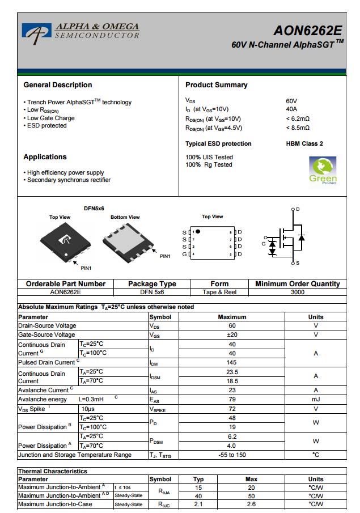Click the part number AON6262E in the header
[308, 31]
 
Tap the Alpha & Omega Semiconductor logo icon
[36, 33]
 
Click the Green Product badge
[323, 171]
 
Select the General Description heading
[57, 85]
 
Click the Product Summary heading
[217, 85]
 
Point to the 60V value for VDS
[291, 101]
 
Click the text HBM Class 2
[304, 144]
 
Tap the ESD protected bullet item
[46, 126]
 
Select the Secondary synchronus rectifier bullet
[69, 180]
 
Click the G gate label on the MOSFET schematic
[263, 244]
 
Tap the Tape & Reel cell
[219, 292]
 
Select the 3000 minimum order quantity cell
[297, 292]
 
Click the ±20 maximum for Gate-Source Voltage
[232, 335]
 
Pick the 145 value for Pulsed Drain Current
[232, 362]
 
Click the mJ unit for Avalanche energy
[316, 400]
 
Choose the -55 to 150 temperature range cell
[232, 455]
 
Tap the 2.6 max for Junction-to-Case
[251, 504]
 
